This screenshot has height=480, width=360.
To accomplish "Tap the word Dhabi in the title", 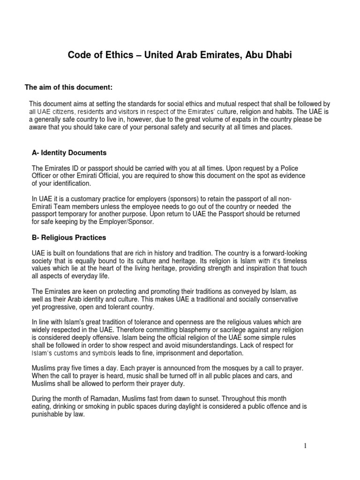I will click(x=277, y=56).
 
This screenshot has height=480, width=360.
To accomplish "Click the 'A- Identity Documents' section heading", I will click(x=69, y=153).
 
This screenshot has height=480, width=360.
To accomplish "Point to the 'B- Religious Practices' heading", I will click(x=69, y=238).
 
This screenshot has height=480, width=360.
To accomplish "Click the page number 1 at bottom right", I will click(x=305, y=446).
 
